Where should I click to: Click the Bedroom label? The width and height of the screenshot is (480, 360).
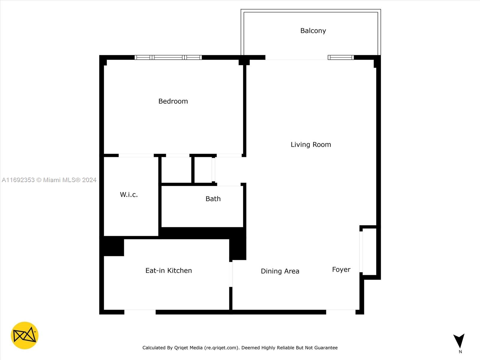point(173,101)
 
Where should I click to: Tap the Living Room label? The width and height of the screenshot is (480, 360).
point(311,145)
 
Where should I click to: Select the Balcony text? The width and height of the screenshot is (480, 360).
point(313,31)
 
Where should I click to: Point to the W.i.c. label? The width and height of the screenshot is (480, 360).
point(129,194)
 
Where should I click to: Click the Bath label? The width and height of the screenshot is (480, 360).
point(213,199)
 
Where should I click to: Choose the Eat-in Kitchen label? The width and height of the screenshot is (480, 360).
point(169,271)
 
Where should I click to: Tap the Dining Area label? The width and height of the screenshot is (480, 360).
point(280,271)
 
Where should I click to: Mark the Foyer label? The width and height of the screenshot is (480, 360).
point(341,269)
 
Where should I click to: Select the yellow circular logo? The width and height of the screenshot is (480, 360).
point(25,335)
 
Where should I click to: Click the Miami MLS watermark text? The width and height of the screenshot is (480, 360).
point(49,180)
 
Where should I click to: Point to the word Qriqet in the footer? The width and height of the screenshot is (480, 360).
point(181,347)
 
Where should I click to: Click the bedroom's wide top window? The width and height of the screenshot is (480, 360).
point(168,58)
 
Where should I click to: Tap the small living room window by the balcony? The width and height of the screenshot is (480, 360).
point(341,58)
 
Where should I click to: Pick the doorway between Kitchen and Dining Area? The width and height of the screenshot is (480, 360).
point(231,274)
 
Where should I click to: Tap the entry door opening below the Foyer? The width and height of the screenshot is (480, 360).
point(341,312)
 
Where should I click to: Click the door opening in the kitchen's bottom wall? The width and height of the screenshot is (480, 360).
point(140,312)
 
